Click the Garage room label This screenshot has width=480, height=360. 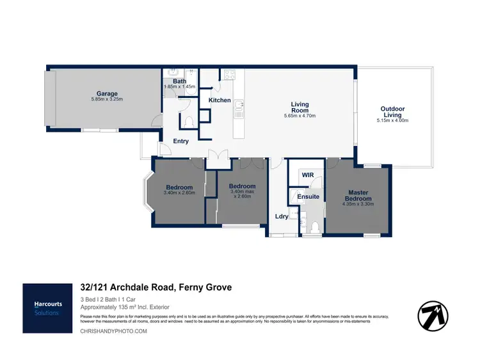coord(107,94)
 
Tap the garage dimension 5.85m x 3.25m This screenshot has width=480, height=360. coord(107,100)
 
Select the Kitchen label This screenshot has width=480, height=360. coord(220,100)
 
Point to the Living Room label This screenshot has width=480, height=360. coord(300,107)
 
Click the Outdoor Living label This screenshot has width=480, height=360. coord(392,112)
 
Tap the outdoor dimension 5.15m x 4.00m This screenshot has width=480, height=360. coord(392,121)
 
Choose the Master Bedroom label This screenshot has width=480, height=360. coord(358,195)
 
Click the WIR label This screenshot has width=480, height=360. coord(307,174)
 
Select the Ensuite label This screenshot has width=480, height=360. coord(308,196)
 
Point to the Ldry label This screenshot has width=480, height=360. coord(282,216)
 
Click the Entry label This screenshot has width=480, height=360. coord(181,141)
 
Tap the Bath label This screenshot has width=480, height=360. coord(179,81)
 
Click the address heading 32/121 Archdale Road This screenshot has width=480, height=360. coord(156,288)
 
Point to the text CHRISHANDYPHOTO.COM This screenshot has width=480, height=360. coord(113,331)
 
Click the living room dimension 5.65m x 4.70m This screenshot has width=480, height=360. coord(300,116)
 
